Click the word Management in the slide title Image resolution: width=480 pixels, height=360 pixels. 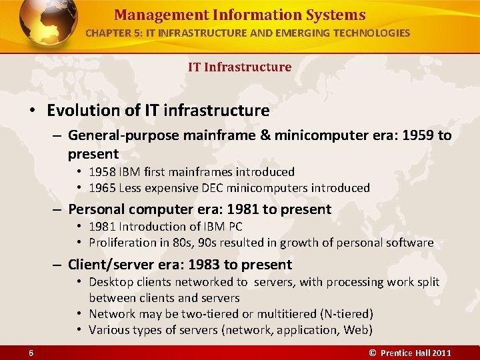coord(152,15)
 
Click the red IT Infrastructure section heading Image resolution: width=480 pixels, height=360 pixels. coord(239,67)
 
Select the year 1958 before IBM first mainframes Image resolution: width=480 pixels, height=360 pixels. coord(102,172)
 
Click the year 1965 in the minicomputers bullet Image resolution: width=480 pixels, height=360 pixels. coord(102,188)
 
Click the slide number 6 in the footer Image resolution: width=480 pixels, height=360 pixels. coord(31,352)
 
